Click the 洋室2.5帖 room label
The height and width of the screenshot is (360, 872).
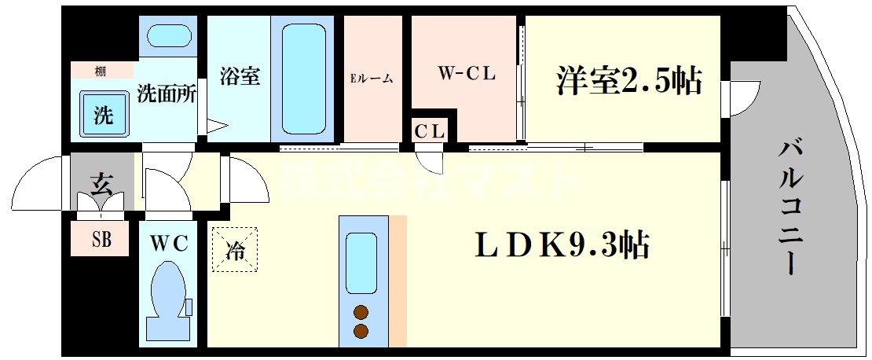(628, 82)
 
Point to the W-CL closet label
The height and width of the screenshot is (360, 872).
(467, 75)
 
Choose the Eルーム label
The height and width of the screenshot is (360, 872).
(372, 79)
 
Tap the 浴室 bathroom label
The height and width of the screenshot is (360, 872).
(239, 77)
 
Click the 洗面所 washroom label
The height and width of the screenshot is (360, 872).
(167, 94)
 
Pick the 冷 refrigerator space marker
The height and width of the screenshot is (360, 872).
(234, 249)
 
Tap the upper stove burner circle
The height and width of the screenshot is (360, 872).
(361, 310)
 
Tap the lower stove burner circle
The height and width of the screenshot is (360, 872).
(361, 330)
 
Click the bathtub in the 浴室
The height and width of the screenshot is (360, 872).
(302, 79)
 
